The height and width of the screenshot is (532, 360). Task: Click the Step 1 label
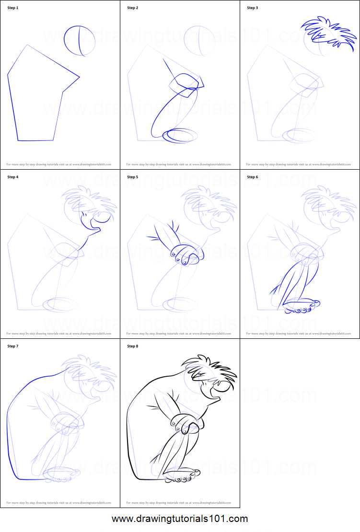13,8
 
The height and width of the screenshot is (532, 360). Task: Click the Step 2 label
133,8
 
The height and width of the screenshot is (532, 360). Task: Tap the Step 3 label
253,8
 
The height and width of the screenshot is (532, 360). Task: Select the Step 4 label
13,177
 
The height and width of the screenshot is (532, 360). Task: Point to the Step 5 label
133,177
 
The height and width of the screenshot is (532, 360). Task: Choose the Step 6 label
253,177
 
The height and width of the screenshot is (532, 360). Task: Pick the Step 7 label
13,346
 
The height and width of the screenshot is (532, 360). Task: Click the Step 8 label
133,346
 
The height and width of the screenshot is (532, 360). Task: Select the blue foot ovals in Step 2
180,136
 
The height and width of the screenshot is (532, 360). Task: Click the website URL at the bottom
180,519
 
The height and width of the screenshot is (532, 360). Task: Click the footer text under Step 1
58,164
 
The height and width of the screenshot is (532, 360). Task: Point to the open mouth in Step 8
213,393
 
